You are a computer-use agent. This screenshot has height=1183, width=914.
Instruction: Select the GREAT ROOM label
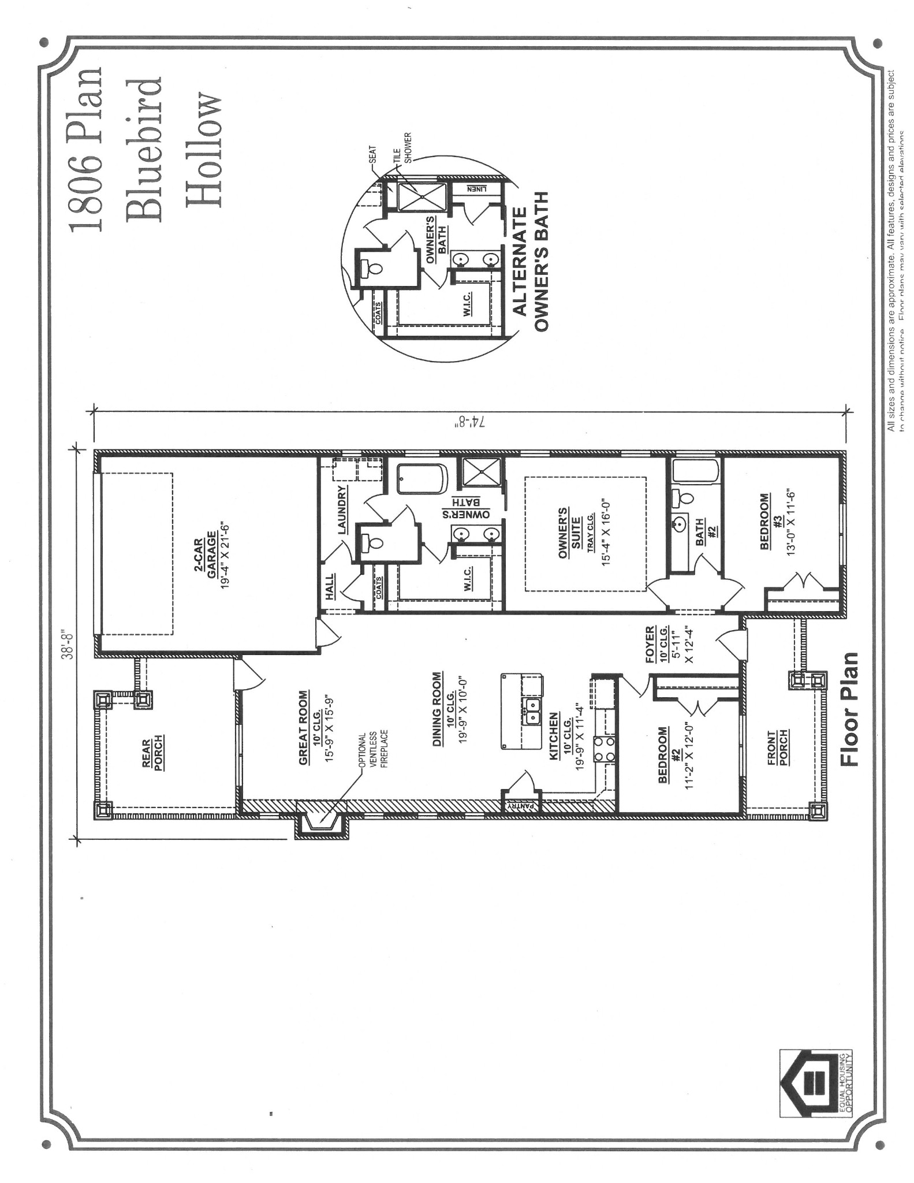click(304, 727)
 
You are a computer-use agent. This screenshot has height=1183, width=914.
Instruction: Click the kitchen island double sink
click(532, 711)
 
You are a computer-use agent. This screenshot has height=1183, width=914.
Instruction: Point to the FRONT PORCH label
click(779, 747)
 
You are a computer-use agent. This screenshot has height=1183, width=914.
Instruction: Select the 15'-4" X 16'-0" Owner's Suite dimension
click(606, 533)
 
